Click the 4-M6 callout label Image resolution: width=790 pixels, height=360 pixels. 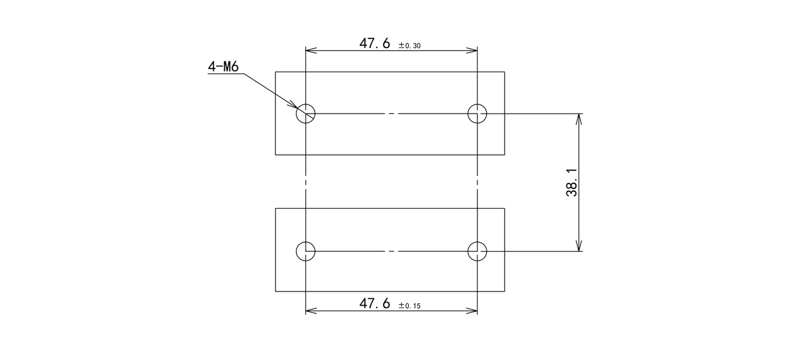[223, 66]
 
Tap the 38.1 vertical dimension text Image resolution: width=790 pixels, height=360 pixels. [571, 182]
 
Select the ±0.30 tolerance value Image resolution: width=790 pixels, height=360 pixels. [410, 46]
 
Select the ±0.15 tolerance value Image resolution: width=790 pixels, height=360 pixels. [410, 306]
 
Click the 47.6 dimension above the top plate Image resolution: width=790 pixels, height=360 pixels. [375, 43]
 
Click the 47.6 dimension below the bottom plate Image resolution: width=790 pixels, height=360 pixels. [375, 303]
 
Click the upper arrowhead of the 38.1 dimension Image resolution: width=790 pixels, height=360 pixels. [579, 119]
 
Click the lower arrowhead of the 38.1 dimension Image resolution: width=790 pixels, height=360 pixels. [579, 246]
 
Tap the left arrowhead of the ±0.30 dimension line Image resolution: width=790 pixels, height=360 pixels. [311, 51]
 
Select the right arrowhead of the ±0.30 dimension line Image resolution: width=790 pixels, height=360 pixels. [472, 51]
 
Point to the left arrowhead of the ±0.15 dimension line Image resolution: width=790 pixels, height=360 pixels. [311, 311]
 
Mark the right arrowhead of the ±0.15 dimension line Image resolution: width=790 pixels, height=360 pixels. [472, 311]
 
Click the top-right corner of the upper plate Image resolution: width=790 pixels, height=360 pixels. [505, 72]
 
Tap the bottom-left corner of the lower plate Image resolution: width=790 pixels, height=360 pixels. [275, 291]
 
